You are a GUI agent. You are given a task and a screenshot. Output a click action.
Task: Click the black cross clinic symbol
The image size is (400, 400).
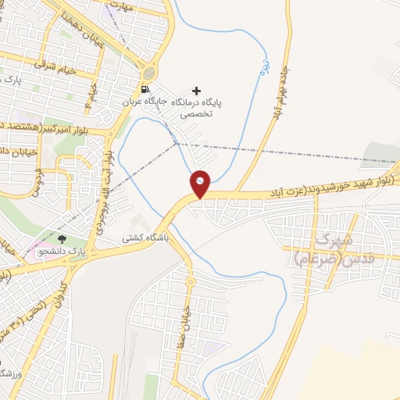[x=196, y=90]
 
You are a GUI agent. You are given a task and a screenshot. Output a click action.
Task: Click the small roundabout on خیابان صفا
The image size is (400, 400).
[x=189, y=280]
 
